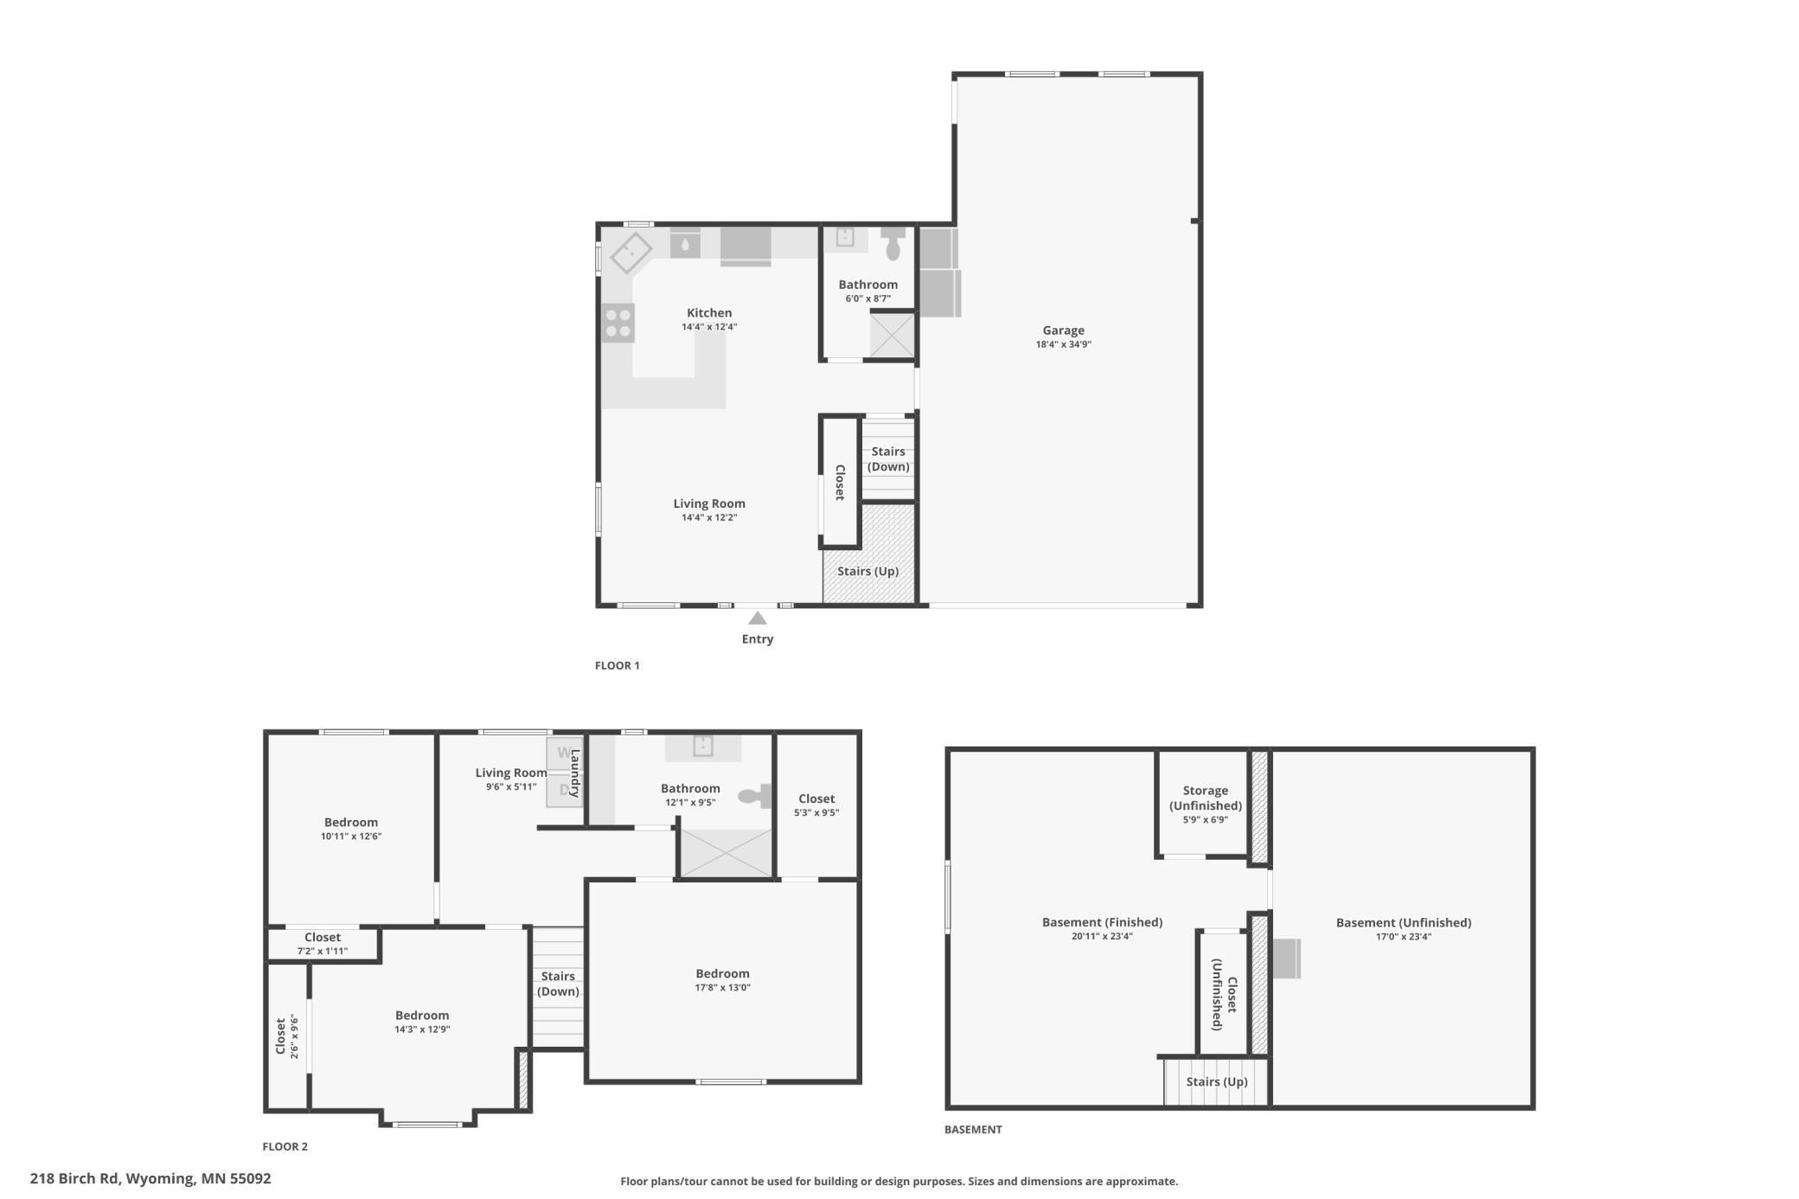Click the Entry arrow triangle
click(757, 618)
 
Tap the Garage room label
click(1063, 330)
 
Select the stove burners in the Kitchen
click(618, 323)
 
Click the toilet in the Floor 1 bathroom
click(893, 245)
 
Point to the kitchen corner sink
click(631, 253)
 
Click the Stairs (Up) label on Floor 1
click(867, 571)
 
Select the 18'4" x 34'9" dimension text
click(1063, 344)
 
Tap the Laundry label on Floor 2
click(574, 773)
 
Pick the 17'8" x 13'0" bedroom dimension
click(722, 988)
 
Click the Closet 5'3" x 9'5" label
click(816, 798)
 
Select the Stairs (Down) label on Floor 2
click(558, 984)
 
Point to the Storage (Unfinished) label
click(1205, 798)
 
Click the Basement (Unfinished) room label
click(1403, 922)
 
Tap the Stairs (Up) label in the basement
click(1216, 1081)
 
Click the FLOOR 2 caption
click(285, 1146)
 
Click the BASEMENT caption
click(972, 1129)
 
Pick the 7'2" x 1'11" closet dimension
click(322, 951)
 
